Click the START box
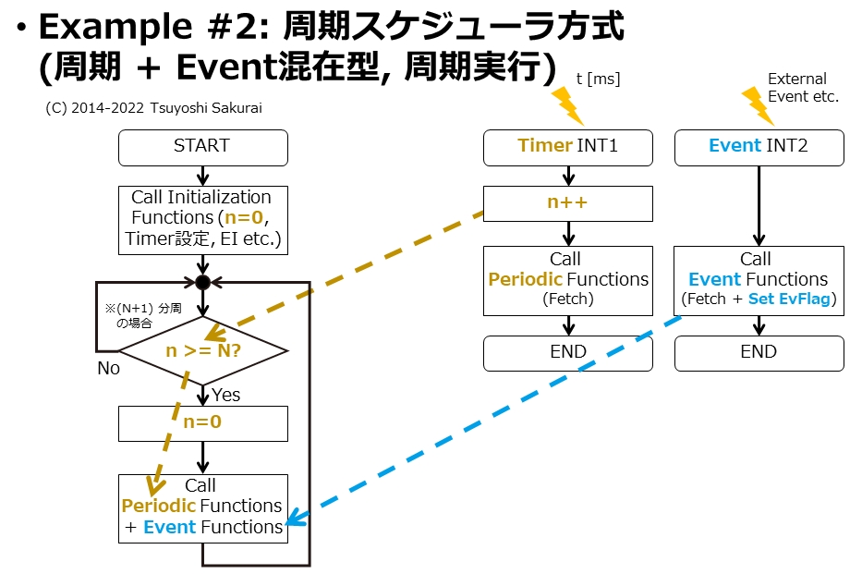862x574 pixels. (x=202, y=147)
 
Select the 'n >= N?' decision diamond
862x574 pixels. (x=202, y=351)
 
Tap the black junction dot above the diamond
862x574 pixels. (x=202, y=283)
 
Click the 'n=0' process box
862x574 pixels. (x=202, y=423)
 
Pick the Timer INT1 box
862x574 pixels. (x=567, y=147)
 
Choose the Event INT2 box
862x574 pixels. (x=759, y=147)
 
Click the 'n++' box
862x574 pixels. (x=567, y=202)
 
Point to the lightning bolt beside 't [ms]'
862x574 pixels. (x=565, y=105)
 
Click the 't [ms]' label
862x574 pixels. (x=598, y=79)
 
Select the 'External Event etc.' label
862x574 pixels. (x=802, y=88)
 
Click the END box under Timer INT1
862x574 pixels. (x=567, y=352)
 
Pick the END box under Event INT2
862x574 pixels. (x=759, y=352)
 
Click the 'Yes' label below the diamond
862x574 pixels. (x=226, y=396)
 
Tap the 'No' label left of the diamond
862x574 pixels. (x=108, y=369)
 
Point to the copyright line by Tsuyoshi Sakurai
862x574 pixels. (x=153, y=108)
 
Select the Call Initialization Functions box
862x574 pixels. (x=202, y=219)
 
